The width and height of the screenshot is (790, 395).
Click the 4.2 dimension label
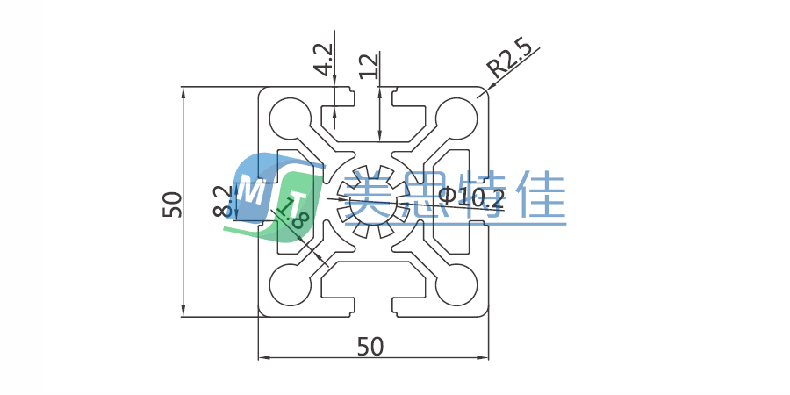point(323,60)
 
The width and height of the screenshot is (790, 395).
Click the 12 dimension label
point(370,66)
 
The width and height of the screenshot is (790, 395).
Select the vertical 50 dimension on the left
point(172,204)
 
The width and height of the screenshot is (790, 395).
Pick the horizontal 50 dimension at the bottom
point(370,348)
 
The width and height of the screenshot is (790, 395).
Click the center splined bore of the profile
point(373,201)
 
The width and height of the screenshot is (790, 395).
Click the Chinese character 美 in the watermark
point(368,196)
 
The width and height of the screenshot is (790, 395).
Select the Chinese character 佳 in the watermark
point(537,196)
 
